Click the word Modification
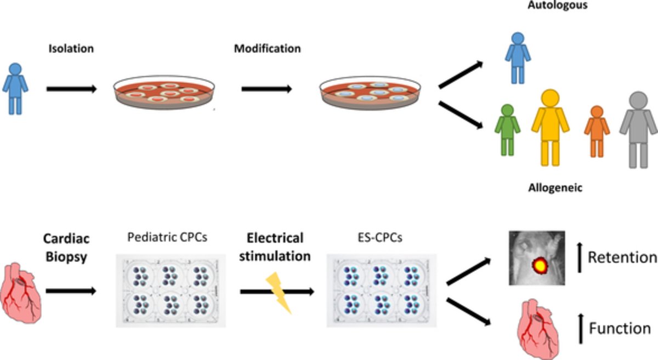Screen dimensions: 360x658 267,49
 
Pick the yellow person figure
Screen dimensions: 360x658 549,127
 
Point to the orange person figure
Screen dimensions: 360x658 597,130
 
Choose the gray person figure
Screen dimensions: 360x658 638,129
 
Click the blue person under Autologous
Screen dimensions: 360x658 518,57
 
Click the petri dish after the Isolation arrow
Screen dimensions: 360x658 163,93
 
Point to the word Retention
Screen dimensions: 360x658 621,256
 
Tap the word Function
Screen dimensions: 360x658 620,329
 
